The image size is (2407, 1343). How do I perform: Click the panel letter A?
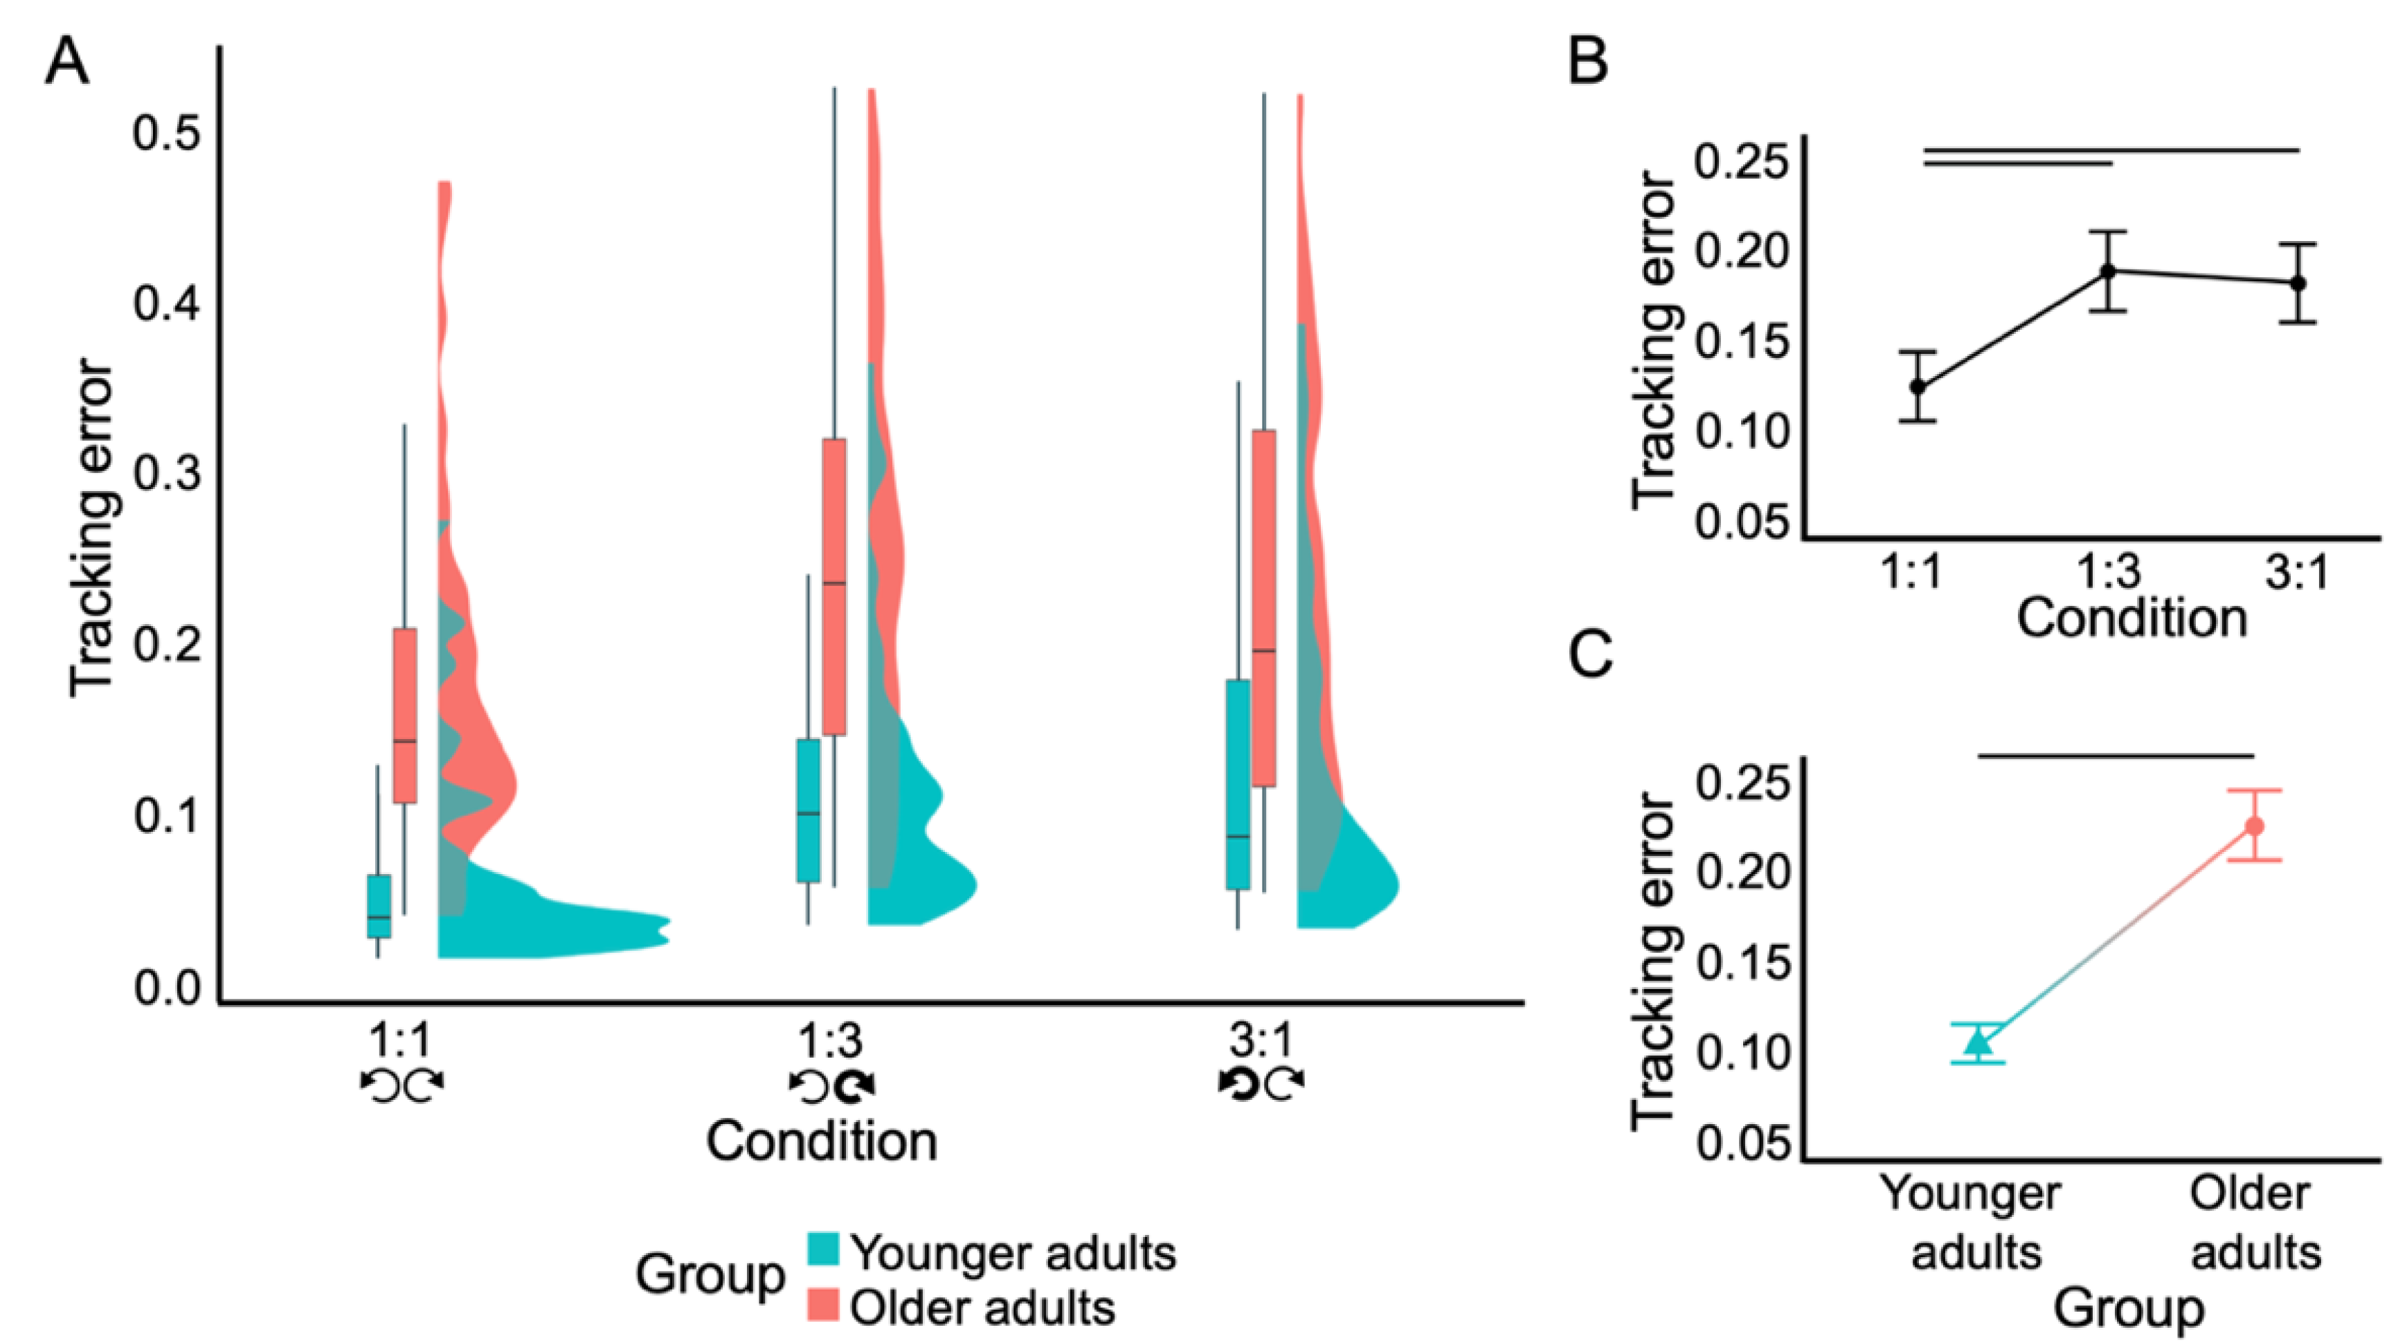67,64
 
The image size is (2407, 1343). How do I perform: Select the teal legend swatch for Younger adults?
823,1249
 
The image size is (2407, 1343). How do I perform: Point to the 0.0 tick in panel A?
166,988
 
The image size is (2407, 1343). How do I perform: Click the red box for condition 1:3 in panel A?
834,587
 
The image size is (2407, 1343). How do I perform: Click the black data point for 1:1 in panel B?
1918,386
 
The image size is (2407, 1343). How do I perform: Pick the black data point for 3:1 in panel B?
2298,283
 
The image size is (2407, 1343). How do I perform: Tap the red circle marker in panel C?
2255,826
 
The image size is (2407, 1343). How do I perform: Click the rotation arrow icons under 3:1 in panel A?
1261,1084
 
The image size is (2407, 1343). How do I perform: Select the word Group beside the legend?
710,1274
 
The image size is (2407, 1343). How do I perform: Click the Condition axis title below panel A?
821,1141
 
